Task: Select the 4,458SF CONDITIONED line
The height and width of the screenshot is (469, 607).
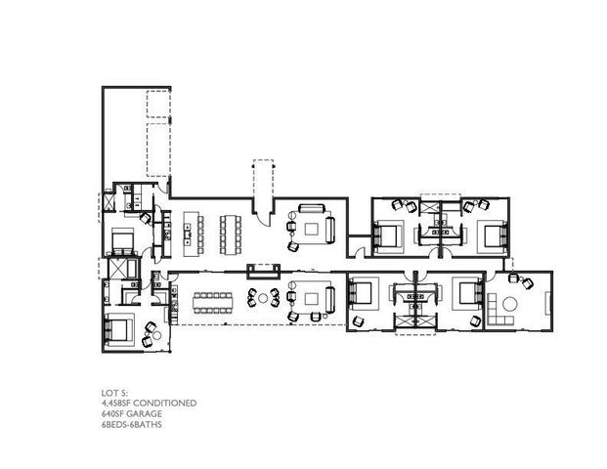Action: (x=143, y=403)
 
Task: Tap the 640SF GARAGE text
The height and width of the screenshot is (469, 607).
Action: (x=128, y=413)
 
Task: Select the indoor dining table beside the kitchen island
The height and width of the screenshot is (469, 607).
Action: (x=231, y=232)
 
